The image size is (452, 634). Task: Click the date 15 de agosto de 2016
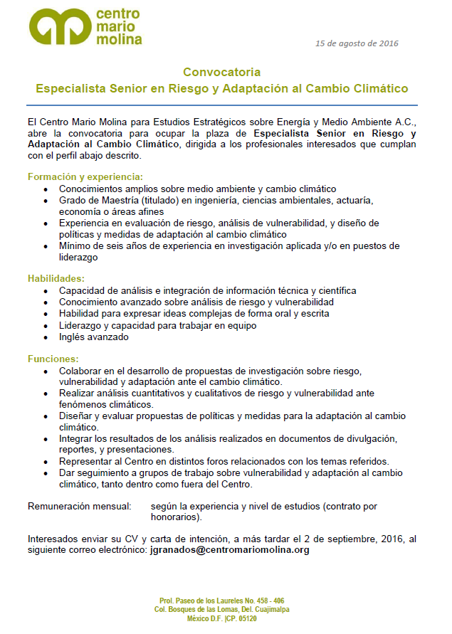[x=357, y=43]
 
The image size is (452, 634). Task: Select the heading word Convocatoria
[x=221, y=72]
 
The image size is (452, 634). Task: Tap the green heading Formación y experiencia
[x=85, y=176]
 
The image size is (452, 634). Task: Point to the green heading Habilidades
[x=56, y=278]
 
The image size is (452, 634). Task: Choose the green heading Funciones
[x=53, y=359]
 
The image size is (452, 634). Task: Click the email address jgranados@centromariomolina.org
[x=230, y=550]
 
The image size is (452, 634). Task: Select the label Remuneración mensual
[x=79, y=506]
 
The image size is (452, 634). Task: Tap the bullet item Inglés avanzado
[x=93, y=337]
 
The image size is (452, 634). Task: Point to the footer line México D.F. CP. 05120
[x=221, y=619]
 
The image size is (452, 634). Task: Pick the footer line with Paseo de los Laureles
[x=221, y=601]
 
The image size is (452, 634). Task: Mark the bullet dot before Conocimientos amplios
[x=46, y=189]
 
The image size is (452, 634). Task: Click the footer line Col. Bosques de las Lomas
[x=221, y=610]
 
